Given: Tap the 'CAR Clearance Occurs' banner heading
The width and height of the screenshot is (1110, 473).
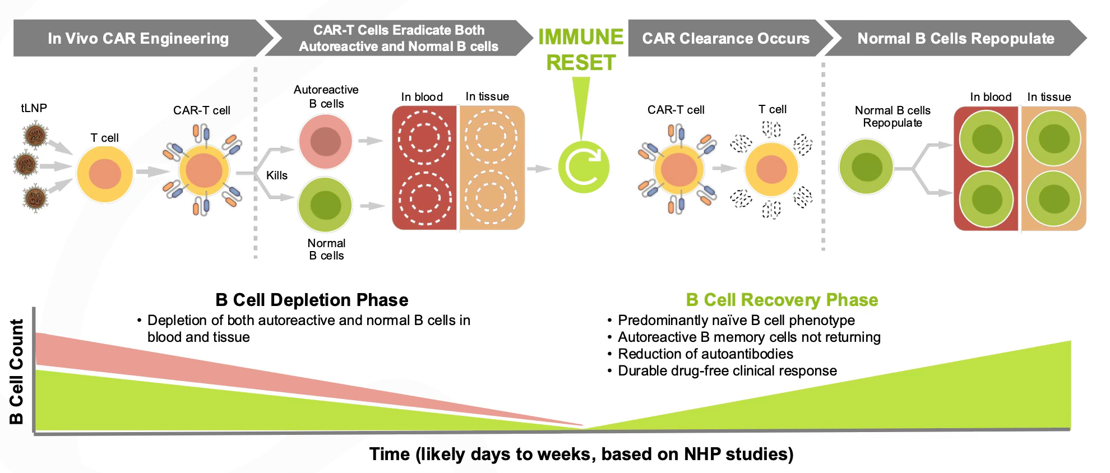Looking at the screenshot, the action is [725, 38].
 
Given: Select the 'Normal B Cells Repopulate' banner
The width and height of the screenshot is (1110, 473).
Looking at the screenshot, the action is [955, 38].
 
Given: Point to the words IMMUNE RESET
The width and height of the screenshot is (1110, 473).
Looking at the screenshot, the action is [581, 50].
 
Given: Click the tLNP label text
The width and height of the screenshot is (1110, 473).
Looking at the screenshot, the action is [34, 108].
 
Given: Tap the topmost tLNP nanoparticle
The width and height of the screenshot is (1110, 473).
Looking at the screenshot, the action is [34, 135].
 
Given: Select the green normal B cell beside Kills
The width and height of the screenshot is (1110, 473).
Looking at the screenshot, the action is [325, 206].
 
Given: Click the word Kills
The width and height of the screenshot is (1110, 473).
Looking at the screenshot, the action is [276, 175].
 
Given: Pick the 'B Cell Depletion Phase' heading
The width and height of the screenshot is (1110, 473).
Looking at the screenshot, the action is [312, 300].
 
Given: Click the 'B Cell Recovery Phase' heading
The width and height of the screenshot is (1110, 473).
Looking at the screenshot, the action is [782, 300].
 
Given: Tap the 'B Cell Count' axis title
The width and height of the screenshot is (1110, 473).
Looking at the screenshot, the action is [17, 372].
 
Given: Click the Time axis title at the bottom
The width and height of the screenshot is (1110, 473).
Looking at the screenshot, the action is [581, 454].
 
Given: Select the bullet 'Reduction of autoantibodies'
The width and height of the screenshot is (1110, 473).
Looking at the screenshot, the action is [705, 354].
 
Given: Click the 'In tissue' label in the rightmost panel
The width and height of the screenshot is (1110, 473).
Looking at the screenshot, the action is [1049, 97].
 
